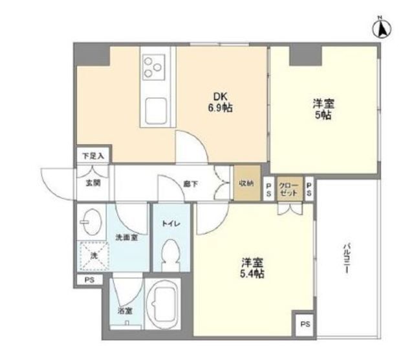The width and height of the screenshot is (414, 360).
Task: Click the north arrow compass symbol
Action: click(382, 28)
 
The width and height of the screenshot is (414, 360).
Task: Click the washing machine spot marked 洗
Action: click(92, 256)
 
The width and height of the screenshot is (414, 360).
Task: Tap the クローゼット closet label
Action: click(288, 190)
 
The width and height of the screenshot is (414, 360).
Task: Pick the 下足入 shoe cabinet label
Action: click(92, 156)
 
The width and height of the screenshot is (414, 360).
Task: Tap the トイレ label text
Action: click(171, 223)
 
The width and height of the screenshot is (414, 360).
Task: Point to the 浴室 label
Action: click(124, 311)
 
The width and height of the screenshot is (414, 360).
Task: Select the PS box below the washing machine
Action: click(88, 280)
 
